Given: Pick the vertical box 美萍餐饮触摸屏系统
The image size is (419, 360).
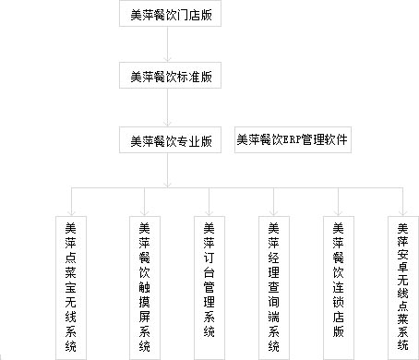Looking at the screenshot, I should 144,286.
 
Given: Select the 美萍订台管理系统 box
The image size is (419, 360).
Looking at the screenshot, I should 209,286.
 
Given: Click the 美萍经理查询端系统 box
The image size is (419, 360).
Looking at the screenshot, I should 273,286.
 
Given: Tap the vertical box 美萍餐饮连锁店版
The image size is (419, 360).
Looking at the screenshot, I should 338,286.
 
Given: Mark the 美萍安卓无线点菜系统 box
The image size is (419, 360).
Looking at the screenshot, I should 402,286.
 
